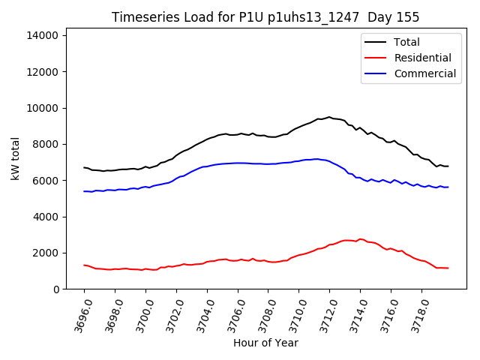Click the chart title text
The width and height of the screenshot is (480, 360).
265,17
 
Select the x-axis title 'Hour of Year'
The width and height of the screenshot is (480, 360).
265,343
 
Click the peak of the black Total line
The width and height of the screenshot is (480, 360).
329,117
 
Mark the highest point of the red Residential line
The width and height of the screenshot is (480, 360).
360,239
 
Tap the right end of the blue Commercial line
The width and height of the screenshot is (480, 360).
448,187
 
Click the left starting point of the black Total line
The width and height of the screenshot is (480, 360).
84,167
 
